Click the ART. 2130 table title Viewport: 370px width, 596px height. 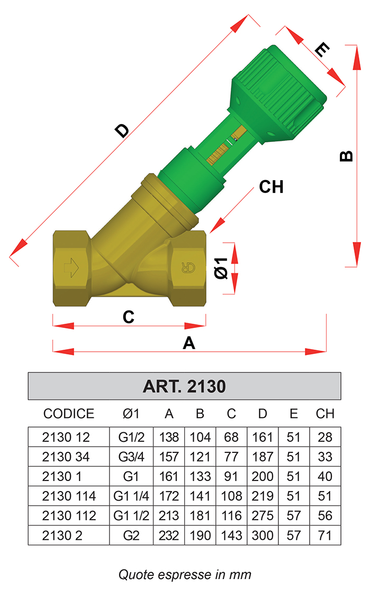pos(184,386)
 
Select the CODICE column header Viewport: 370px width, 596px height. pos(69,414)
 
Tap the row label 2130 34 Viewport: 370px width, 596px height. pos(66,457)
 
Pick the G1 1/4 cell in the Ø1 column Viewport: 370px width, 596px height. pos(131,496)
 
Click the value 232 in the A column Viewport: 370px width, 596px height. pos(169,535)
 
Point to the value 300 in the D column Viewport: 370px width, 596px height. pos(263,535)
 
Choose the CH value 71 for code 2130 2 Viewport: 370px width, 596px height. pos(325,535)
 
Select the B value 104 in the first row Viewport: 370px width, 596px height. pos(200,437)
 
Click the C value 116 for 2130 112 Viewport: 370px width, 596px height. pos(231,516)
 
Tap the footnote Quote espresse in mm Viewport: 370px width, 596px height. pos(185,574)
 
